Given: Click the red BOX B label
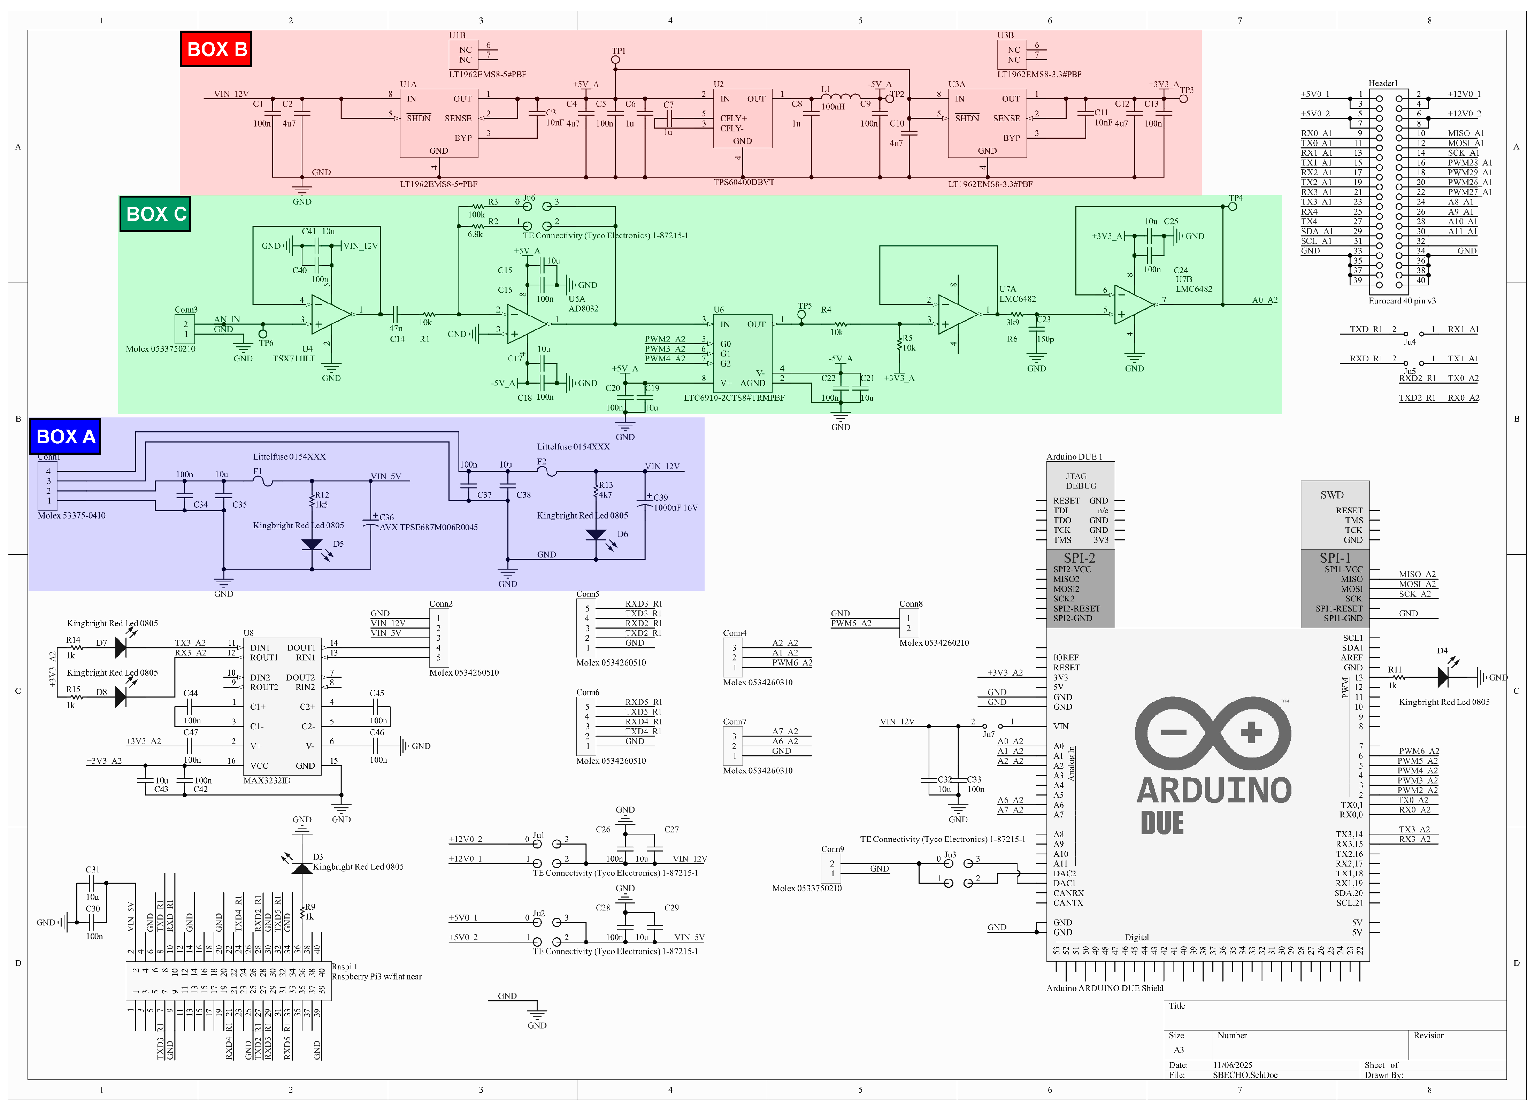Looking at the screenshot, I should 216,49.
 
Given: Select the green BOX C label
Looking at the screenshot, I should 155,214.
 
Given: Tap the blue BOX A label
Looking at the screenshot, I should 65,437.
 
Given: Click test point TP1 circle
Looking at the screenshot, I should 615,60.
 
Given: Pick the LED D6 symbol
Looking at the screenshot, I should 596,535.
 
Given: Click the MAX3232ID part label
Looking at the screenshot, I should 267,780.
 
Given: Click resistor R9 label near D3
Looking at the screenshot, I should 310,907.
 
